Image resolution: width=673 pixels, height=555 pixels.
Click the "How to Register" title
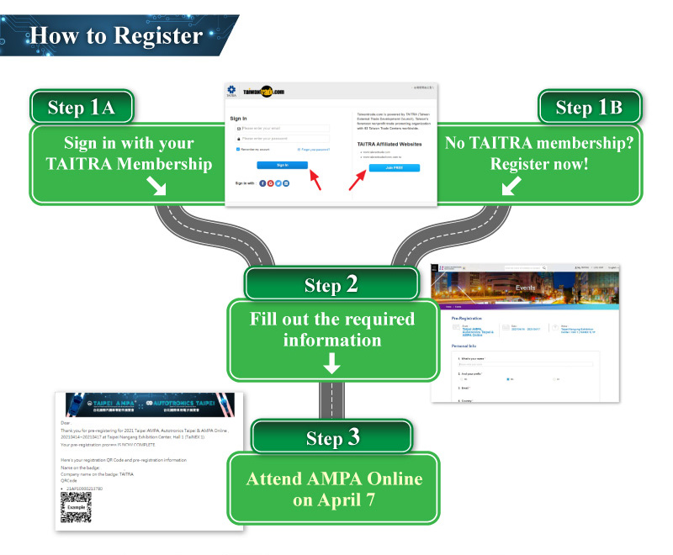tap(116, 35)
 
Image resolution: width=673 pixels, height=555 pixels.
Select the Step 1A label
tap(85, 108)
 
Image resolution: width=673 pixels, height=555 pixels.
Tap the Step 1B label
tap(588, 108)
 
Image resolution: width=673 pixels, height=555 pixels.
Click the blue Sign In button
tap(282, 165)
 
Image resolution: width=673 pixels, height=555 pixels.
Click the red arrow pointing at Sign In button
tap(315, 178)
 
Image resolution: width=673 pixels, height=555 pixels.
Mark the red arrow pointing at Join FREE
tap(358, 177)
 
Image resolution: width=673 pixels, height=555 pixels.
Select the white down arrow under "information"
tap(332, 362)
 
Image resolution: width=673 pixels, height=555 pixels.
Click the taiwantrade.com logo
tap(264, 90)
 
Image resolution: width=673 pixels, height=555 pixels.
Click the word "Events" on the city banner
tap(525, 288)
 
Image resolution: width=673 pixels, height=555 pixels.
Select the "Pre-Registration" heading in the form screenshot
tap(467, 319)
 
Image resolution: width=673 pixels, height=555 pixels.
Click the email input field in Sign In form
tap(283, 129)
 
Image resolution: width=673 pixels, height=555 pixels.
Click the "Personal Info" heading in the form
tap(465, 346)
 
